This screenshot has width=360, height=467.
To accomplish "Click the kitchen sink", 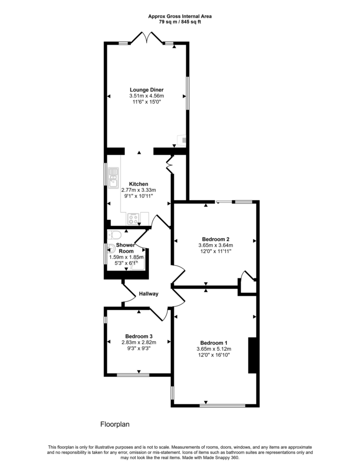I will (x=113, y=178).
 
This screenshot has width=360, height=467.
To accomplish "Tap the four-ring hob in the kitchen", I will (x=134, y=218).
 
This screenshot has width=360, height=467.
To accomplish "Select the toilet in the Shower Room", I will (x=115, y=234).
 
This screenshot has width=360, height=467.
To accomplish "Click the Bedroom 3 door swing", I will (x=159, y=313).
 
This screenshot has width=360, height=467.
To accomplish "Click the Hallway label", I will (x=149, y=294).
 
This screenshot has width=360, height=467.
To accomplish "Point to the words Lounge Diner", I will (x=146, y=90).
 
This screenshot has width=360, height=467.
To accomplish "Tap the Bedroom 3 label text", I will (x=139, y=336).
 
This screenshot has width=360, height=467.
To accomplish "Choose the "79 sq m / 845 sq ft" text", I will (x=180, y=21).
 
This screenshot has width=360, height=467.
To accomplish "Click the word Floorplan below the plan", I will (x=115, y=424).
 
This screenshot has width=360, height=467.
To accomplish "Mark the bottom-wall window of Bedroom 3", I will (x=133, y=375).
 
